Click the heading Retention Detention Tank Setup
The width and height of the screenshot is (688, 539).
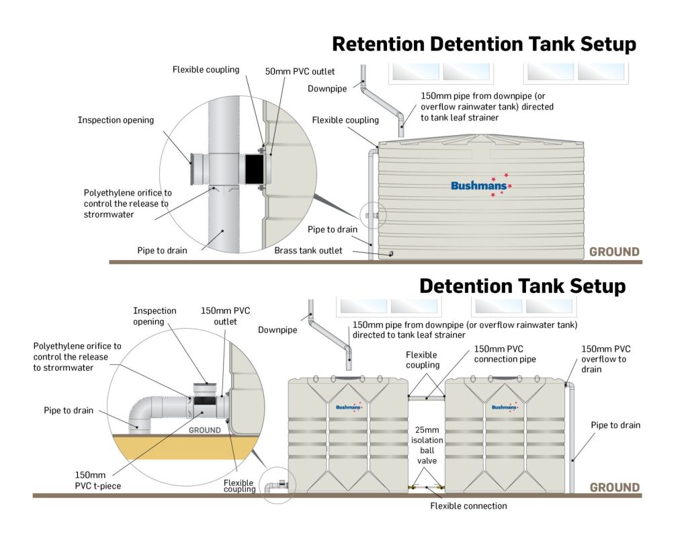point(484,44)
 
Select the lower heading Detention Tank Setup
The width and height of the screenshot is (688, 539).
point(522,286)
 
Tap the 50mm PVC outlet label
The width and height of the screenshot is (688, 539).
point(300,71)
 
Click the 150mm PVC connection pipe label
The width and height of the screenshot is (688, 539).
point(505,354)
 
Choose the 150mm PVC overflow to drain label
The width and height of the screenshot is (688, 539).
point(606,359)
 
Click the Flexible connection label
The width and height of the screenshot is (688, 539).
point(468,505)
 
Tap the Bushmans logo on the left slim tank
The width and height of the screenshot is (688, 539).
point(348,407)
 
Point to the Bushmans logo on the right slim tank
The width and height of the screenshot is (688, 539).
point(505,407)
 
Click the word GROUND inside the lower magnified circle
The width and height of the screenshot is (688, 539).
point(204,430)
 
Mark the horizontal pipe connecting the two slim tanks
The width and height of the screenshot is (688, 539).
point(427,398)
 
